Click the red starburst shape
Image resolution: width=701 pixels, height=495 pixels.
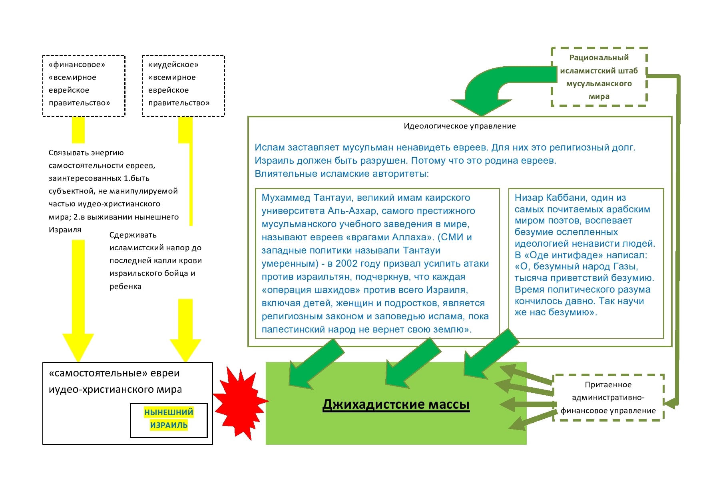tap(240, 402)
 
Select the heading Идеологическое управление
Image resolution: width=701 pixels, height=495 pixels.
tap(460, 126)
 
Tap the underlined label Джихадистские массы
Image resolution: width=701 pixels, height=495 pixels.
tap(396, 404)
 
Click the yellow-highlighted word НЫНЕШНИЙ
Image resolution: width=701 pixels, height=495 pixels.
tap(169, 412)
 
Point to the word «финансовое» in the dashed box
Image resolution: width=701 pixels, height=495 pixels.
tap(77, 65)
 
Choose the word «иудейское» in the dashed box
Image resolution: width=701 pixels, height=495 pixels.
tap(173, 65)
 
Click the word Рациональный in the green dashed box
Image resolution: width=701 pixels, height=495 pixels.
tap(599, 58)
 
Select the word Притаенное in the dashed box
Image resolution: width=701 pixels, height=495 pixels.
tap(608, 385)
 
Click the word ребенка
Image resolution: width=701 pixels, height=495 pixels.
tap(125, 287)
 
